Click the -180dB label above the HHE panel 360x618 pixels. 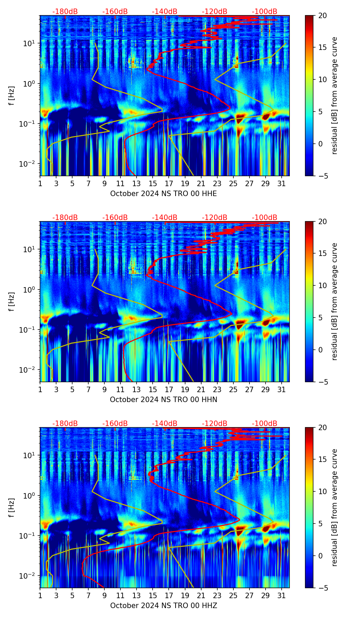coord(65,12)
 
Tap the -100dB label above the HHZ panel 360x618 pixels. coord(265,424)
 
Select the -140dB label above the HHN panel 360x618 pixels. coord(165,218)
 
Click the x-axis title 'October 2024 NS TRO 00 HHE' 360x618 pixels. coord(164,194)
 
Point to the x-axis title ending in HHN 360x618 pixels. coord(164,400)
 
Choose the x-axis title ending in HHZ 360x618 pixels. coord(164,606)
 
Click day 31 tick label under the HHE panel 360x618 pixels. coord(282,184)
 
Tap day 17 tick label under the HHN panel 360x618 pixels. coord(169,390)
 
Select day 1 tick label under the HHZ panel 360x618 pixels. coord(40,596)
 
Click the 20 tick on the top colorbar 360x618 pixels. coord(322,15)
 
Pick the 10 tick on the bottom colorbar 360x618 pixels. coord(322,492)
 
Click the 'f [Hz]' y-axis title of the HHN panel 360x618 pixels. coord(12,301)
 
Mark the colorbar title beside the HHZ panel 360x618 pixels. coord(334,507)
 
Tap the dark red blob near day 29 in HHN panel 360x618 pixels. coord(266,322)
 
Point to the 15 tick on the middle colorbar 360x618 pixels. coord(322,253)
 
